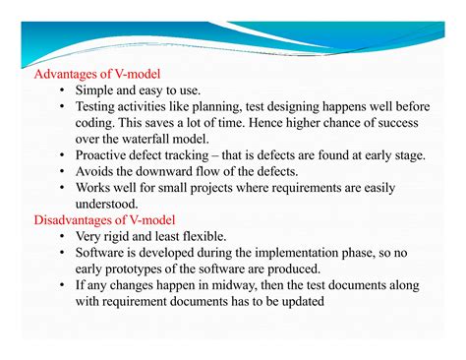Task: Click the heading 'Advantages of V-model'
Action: [x=97, y=74]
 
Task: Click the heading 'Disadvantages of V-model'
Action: [x=108, y=219]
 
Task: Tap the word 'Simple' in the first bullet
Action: [x=96, y=90]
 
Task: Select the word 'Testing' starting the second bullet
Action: [x=99, y=107]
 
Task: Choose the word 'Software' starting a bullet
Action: [x=103, y=253]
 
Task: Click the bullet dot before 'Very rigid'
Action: [x=62, y=237]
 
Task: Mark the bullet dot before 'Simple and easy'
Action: [x=62, y=91]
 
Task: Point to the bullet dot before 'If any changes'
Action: [x=62, y=286]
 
